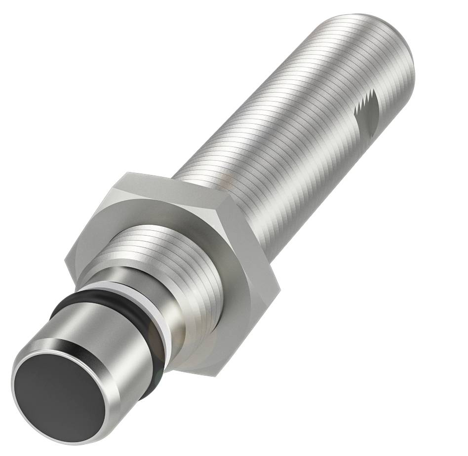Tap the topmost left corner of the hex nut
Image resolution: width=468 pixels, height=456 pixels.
(127, 173)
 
